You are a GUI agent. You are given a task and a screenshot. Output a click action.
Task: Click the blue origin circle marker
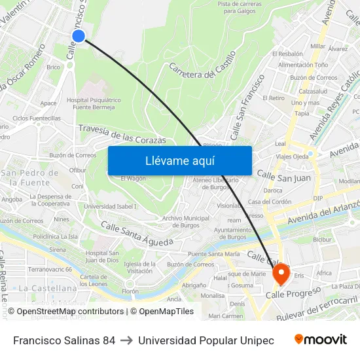pos(79,35)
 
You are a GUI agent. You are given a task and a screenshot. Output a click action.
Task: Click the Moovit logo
pos(321,340)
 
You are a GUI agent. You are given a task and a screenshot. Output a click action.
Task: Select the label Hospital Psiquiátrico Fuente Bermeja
pos(94,103)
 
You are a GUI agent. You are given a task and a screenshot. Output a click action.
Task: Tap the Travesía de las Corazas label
pos(122,134)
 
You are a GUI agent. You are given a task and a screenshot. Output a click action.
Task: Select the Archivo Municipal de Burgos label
pos(186,221)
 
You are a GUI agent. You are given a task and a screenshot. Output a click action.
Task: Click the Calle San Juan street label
pos(283,176)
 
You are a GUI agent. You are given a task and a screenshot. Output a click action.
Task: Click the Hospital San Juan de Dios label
pos(102,256)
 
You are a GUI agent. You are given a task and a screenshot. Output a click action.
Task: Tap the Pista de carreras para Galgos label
pos(240,7)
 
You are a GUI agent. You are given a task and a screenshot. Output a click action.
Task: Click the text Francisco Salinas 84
pos(64,340)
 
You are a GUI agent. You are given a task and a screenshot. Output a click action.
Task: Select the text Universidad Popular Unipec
pos(206,340)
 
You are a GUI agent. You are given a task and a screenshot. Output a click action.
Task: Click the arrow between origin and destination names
pos(127,340)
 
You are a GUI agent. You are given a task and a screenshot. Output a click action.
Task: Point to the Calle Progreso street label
pos(293,293)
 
